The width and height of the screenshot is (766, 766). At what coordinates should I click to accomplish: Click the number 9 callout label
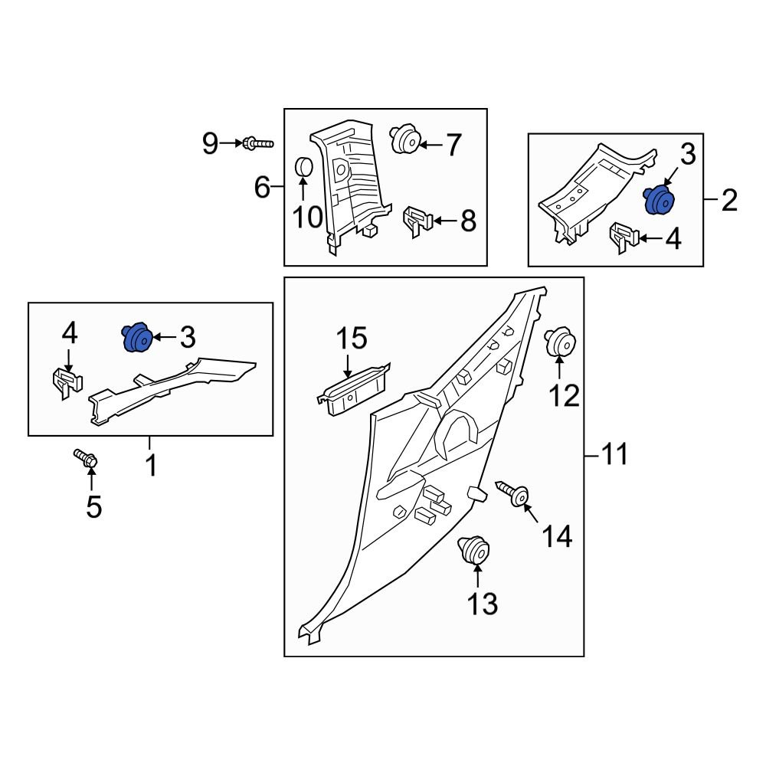point(210,143)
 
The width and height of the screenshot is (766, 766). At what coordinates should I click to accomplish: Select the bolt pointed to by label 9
point(257,143)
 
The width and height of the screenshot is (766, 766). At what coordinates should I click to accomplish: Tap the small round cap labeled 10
point(303,166)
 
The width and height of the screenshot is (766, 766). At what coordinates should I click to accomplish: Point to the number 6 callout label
point(262,186)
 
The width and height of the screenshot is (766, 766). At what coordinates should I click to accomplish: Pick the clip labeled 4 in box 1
point(67,380)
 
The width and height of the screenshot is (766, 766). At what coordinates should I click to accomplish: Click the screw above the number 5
point(86,460)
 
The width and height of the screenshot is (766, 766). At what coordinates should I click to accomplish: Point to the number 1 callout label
point(151,464)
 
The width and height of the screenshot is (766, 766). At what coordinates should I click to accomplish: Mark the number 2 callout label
point(728,201)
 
